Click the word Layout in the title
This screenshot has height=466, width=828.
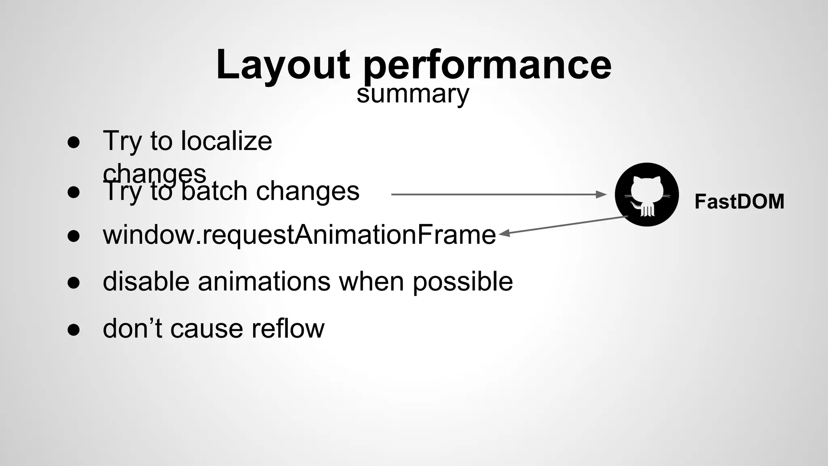click(x=283, y=65)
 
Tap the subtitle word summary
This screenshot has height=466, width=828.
click(x=412, y=94)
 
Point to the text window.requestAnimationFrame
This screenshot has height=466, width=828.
click(x=299, y=235)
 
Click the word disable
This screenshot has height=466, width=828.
click(x=146, y=281)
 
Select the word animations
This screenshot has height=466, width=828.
click(x=264, y=281)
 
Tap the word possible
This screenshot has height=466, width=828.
click(x=462, y=282)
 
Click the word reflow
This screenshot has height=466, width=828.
click(x=287, y=328)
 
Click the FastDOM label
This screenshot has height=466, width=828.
click(x=739, y=201)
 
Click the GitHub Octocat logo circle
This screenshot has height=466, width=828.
click(x=646, y=195)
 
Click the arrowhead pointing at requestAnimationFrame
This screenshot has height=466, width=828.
click(x=503, y=233)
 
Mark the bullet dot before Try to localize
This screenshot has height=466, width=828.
click(x=74, y=142)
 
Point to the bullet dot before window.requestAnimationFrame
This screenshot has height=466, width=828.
click(x=74, y=236)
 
